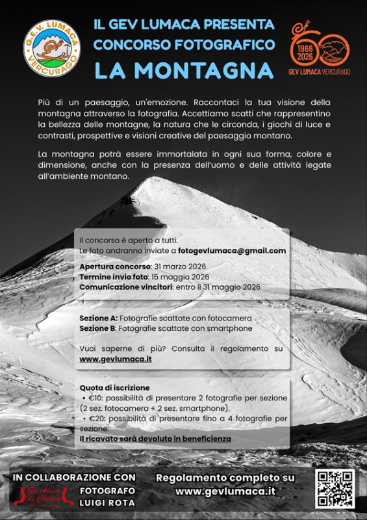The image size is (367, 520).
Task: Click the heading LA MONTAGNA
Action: tap(184, 69)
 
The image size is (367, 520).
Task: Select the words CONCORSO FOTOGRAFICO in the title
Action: tap(184, 45)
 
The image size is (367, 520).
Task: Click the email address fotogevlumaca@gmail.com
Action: tap(232, 250)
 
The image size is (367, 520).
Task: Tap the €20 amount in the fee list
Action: tap(94, 419)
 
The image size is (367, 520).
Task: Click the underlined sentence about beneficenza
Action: tap(155, 439)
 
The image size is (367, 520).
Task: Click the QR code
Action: tap(335, 489)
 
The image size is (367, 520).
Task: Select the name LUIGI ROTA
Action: tap(108, 502)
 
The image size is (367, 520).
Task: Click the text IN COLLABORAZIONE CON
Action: tap(74, 476)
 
